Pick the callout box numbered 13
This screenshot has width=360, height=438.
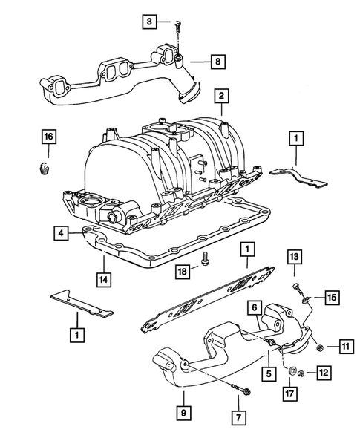coord(294,258)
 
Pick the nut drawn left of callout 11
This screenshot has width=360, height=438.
coord(318,347)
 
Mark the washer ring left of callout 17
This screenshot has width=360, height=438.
coord(295,370)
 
